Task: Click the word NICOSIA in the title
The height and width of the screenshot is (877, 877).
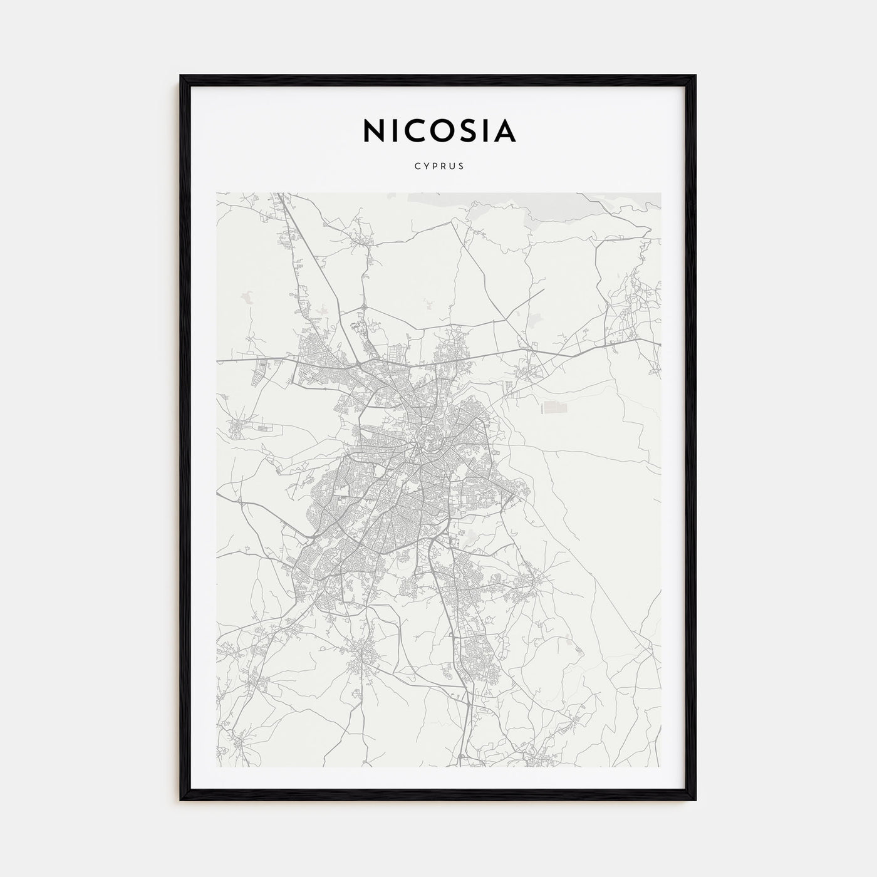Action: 438,130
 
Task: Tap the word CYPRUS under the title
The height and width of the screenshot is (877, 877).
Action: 438,167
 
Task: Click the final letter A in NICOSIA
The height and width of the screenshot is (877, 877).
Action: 505,130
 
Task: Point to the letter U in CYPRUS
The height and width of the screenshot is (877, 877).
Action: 453,167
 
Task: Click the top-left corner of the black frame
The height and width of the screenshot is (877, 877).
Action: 181,76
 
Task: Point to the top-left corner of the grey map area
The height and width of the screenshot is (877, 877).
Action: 217,193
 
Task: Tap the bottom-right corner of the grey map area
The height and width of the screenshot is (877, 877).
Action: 660,767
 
